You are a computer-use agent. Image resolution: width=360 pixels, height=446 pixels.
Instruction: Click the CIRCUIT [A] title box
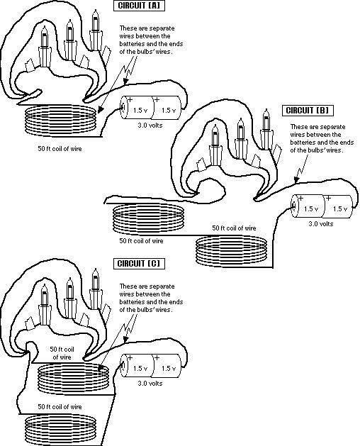tap(139, 6)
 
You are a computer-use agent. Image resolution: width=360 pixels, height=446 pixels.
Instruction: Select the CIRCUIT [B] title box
tap(308, 111)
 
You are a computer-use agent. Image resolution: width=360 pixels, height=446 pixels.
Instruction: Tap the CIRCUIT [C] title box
tap(139, 263)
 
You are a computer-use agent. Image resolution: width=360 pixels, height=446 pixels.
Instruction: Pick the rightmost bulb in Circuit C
tap(96, 289)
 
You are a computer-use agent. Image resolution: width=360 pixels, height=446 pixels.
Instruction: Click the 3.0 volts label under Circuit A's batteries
tap(150, 126)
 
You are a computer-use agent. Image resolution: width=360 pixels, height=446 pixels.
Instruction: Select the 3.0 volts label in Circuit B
tap(321, 224)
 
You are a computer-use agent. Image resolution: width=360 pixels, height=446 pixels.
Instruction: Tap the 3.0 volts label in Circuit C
tap(150, 383)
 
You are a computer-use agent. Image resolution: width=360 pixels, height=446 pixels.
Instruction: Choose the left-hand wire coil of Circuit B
tap(148, 218)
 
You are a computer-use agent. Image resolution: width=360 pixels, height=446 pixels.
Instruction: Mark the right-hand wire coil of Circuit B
tap(232, 251)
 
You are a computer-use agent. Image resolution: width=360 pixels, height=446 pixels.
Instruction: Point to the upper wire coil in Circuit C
tap(74, 379)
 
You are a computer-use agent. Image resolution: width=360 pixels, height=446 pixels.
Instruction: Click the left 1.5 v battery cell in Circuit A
tap(137, 107)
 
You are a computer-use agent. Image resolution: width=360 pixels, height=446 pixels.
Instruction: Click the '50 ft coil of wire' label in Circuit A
tap(60, 148)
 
